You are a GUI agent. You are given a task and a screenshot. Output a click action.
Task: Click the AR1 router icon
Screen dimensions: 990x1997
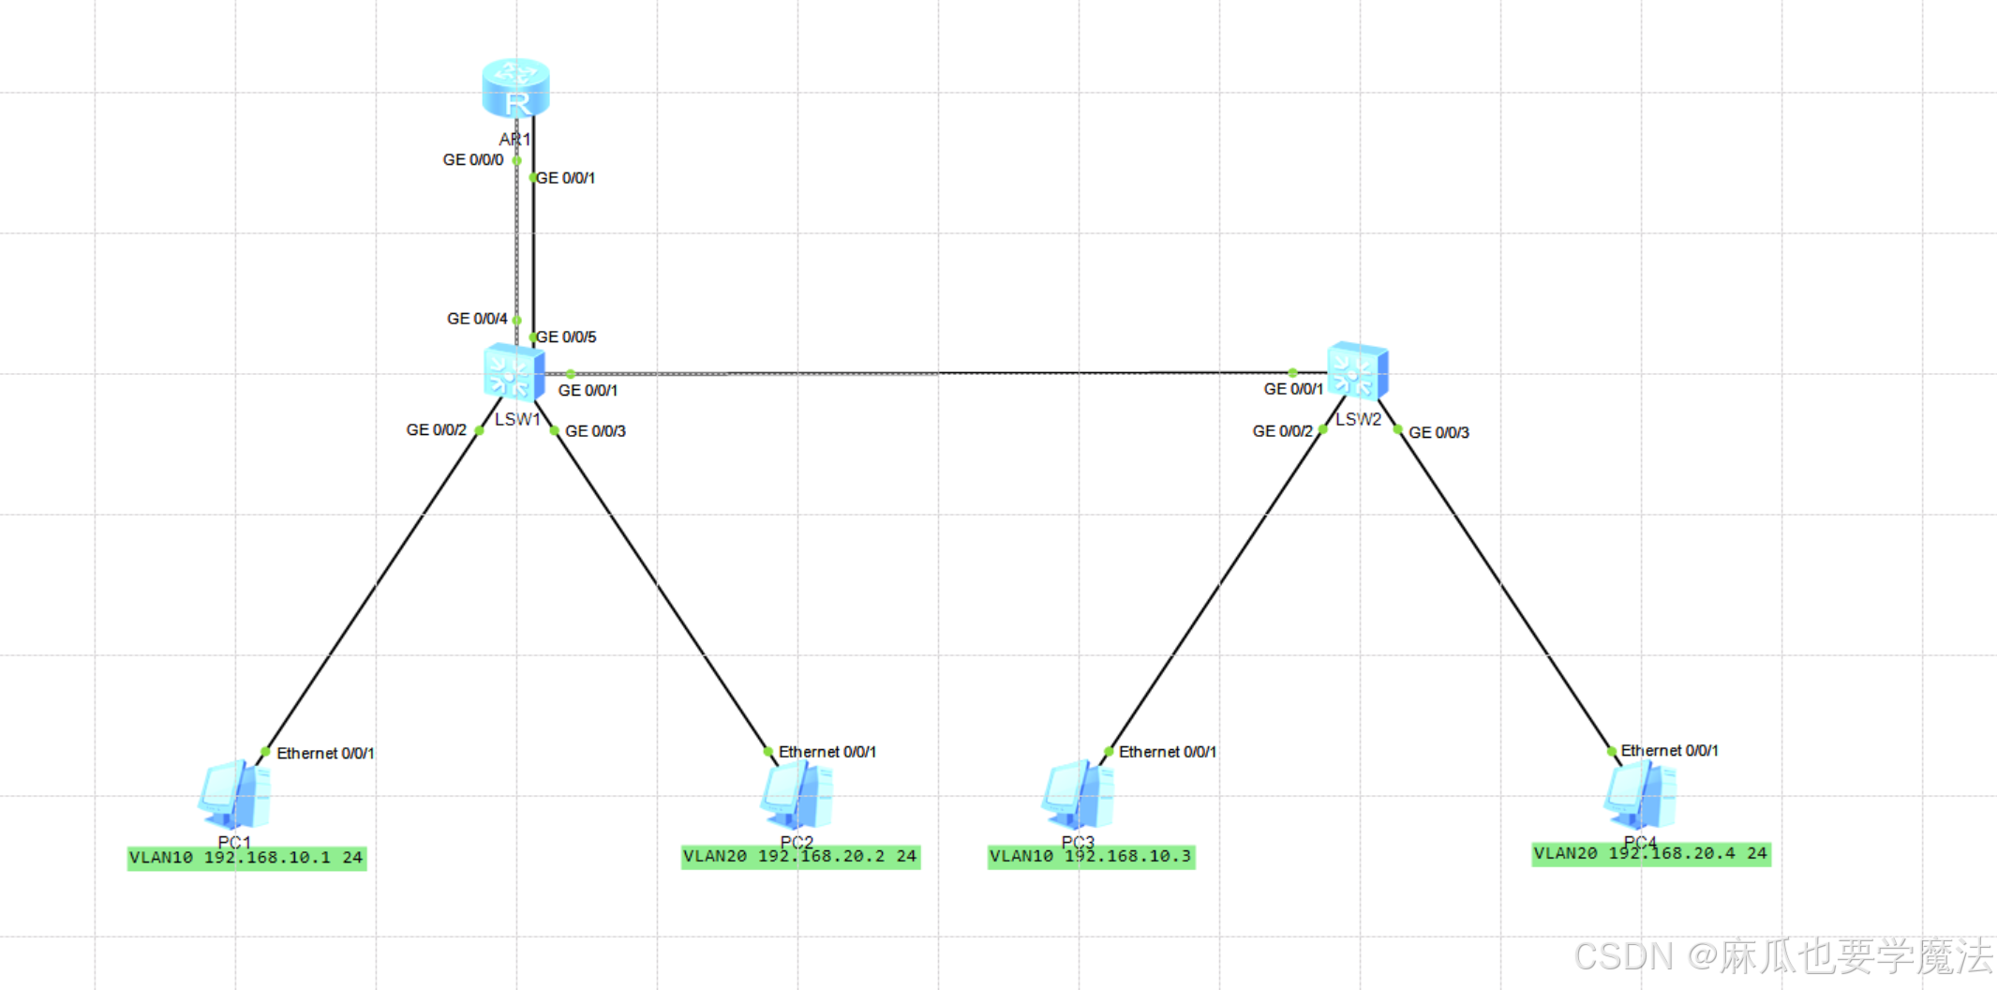pos(515,88)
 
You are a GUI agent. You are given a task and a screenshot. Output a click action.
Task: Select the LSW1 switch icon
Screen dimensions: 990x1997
pos(514,373)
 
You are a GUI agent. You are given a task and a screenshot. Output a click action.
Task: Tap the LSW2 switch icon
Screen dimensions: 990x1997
pos(1357,371)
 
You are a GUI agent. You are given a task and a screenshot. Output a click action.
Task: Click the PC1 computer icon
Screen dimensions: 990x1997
pos(234,795)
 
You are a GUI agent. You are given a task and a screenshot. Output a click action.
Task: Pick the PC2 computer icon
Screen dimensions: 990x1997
pos(797,795)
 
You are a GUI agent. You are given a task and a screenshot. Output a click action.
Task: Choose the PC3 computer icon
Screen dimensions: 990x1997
pos(1078,795)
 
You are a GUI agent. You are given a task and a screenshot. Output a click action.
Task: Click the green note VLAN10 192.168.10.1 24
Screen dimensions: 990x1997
pos(246,858)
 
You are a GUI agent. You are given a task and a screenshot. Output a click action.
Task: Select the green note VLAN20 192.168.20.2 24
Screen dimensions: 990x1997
pos(800,857)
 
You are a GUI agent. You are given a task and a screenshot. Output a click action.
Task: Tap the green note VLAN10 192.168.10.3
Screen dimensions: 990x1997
pos(1091,857)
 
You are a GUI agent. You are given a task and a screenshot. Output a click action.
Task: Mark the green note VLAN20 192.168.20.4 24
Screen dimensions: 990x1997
pos(1651,854)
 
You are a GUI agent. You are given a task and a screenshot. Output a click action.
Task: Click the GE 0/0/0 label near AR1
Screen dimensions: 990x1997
pos(473,160)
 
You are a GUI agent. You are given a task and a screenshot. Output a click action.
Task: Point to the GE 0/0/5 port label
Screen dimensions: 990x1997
pos(566,337)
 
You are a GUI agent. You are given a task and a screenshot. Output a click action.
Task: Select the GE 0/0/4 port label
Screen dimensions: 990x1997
pos(477,319)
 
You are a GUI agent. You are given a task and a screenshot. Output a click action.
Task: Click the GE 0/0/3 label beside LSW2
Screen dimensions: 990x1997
pos(1438,432)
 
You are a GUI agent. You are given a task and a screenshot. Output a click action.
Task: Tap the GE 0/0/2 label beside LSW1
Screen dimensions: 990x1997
pos(436,430)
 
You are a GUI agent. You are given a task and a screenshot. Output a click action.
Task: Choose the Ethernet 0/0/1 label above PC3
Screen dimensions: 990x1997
pos(1167,752)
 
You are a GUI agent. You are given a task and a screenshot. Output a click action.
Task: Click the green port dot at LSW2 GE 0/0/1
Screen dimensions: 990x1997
pos(1293,373)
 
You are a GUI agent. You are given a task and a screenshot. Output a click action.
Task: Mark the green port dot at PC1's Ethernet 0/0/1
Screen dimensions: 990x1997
pos(265,752)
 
